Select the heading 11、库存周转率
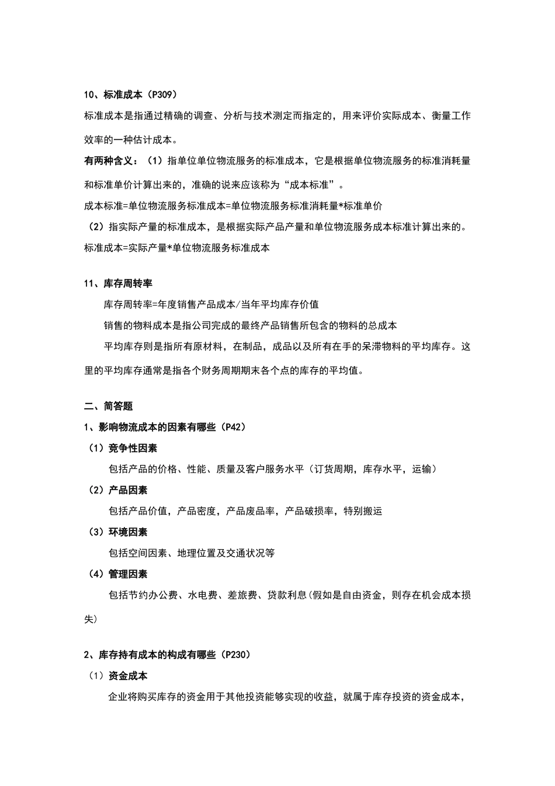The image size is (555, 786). point(118,284)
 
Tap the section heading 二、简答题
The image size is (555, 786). point(109,406)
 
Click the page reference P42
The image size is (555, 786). point(231,427)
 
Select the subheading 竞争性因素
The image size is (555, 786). point(133,448)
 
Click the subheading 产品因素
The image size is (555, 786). point(128,490)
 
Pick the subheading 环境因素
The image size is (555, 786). point(128,532)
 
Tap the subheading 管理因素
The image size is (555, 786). point(128,574)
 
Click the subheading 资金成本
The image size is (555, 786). point(128,675)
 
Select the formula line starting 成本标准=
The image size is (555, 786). point(233,205)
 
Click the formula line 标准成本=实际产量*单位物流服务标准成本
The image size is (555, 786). point(177,247)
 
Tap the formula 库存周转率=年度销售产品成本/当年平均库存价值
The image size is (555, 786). point(211,304)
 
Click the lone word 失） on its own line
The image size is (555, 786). point(91,619)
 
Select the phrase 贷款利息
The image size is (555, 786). point(286,595)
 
